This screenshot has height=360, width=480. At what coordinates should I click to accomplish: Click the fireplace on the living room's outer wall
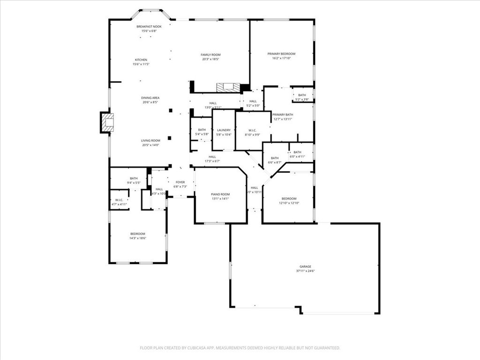tap(108, 123)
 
